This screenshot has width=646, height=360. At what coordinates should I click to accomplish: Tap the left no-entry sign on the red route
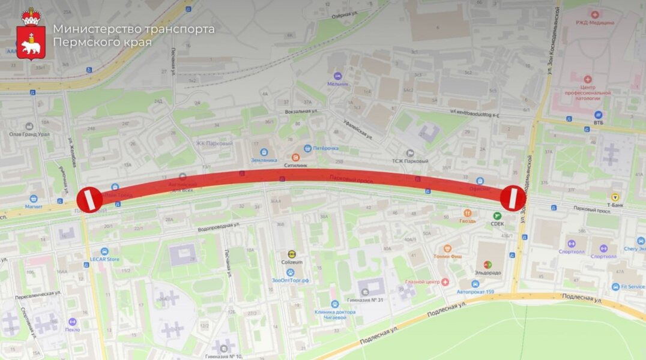coord(89,199)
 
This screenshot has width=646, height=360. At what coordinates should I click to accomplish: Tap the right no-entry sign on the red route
coord(513,198)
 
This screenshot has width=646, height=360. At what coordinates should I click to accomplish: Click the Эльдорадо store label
coord(488,272)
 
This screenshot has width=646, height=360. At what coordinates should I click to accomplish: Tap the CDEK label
coord(497,224)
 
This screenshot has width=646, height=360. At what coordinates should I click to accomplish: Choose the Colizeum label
coord(292,262)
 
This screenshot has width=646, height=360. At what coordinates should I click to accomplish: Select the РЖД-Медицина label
coord(595,22)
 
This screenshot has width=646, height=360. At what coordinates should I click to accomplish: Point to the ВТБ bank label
coord(598,122)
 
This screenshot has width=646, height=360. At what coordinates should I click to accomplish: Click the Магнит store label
coord(34,206)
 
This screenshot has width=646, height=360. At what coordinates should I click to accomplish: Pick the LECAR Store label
coord(104,259)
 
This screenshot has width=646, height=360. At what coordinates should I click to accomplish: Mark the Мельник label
coord(337,83)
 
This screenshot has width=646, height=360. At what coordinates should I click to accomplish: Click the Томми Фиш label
coord(447,257)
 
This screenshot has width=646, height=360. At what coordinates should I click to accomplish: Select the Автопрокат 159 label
coord(475,292)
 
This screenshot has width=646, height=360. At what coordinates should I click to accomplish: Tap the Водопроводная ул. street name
coord(219,227)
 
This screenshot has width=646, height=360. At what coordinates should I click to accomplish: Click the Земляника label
coord(264,160)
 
